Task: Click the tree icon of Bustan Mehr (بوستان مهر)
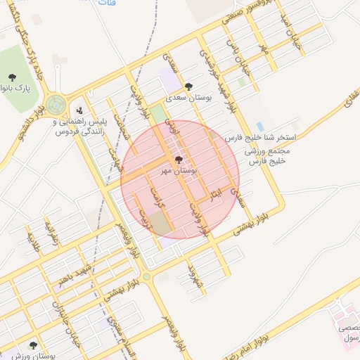pyautogui.click(x=178, y=160)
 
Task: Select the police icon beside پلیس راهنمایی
pyautogui.click(x=79, y=110)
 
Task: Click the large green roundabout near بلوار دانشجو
pyautogui.click(x=56, y=105)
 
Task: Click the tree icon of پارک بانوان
pyautogui.click(x=11, y=77)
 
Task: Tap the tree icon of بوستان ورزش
pyautogui.click(x=32, y=345)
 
